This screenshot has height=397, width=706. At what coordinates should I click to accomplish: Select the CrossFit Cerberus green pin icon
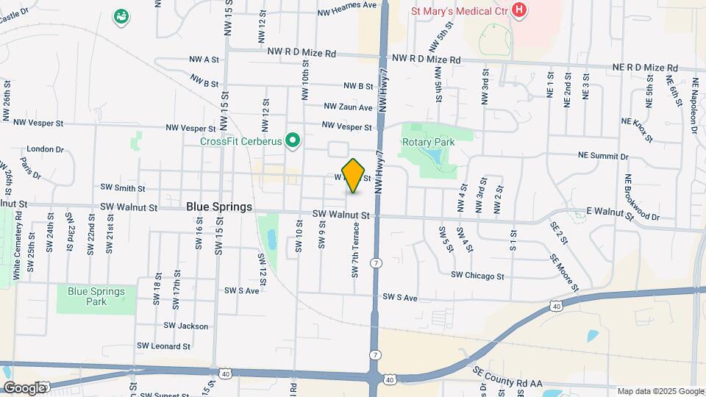(293, 140)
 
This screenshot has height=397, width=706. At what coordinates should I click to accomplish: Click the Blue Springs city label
(219, 207)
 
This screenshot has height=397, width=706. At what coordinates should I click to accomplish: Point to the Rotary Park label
(428, 142)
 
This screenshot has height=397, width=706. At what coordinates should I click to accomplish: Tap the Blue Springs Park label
(96, 296)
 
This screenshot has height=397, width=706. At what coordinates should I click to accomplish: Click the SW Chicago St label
(477, 276)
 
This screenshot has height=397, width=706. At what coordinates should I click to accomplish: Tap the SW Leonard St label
(164, 346)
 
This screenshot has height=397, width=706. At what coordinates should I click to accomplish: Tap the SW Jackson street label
(186, 326)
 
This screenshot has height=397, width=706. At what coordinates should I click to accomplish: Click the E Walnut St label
(610, 212)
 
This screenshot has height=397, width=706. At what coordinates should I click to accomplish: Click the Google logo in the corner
(24, 387)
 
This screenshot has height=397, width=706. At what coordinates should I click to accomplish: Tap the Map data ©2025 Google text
(659, 391)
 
